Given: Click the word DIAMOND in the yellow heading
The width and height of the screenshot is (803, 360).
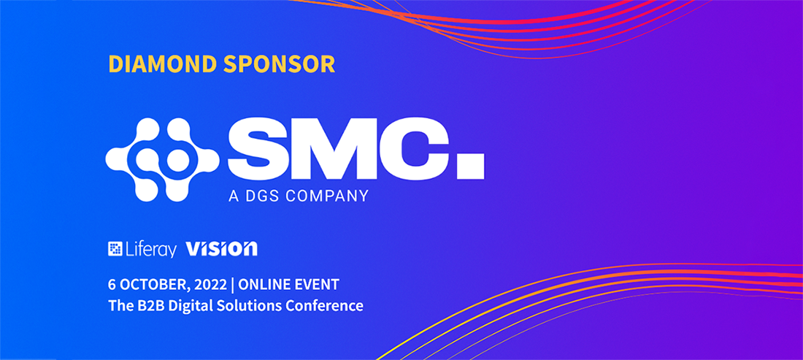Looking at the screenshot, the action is coord(163,64).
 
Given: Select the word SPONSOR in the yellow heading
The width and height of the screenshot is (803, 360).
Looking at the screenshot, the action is coord(280,64).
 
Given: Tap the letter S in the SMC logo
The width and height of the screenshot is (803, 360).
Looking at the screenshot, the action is coord(261,149).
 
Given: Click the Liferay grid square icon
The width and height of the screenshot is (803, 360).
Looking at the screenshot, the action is coord(115,248).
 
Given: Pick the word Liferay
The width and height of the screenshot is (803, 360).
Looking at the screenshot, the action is coord(150,250).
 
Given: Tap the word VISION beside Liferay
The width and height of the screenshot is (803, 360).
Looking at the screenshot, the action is coord(221,249).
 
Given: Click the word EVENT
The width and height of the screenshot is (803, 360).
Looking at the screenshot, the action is coord(320,284).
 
